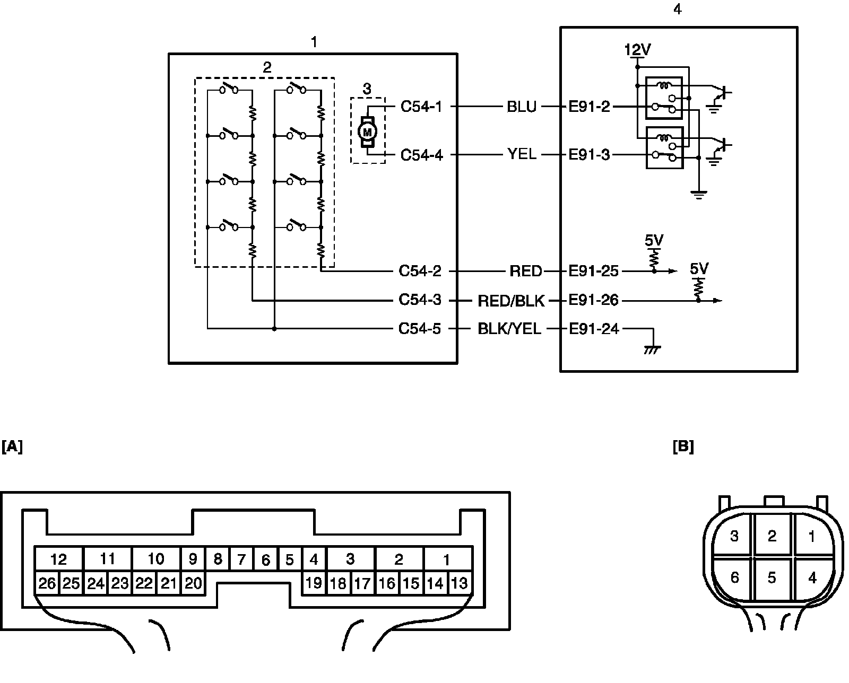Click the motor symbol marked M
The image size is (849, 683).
coord(368,130)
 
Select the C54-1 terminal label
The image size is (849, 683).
coord(421,107)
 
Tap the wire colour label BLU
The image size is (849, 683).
coord(522,107)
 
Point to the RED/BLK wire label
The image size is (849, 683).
coord(511,301)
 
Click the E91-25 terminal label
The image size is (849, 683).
coord(593,272)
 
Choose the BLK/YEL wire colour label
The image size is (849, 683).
coord(509,329)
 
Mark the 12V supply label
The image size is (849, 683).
coord(637,50)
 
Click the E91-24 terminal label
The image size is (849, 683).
coord(594,329)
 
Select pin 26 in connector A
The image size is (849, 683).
coord(47,583)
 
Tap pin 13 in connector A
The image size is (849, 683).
coord(459,583)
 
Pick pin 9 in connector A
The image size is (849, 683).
coord(193,559)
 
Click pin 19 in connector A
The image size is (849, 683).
coord(314,583)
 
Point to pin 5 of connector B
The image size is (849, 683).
coord(772,577)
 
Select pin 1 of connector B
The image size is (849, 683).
coord(812,537)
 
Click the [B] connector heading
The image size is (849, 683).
coord(683,447)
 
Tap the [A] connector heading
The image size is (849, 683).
coord(12,447)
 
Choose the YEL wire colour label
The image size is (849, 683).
coord(522,155)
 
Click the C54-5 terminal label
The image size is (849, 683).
coord(420,329)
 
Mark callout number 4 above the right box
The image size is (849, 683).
coord(677,10)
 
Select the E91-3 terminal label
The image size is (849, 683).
coord(589,155)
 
